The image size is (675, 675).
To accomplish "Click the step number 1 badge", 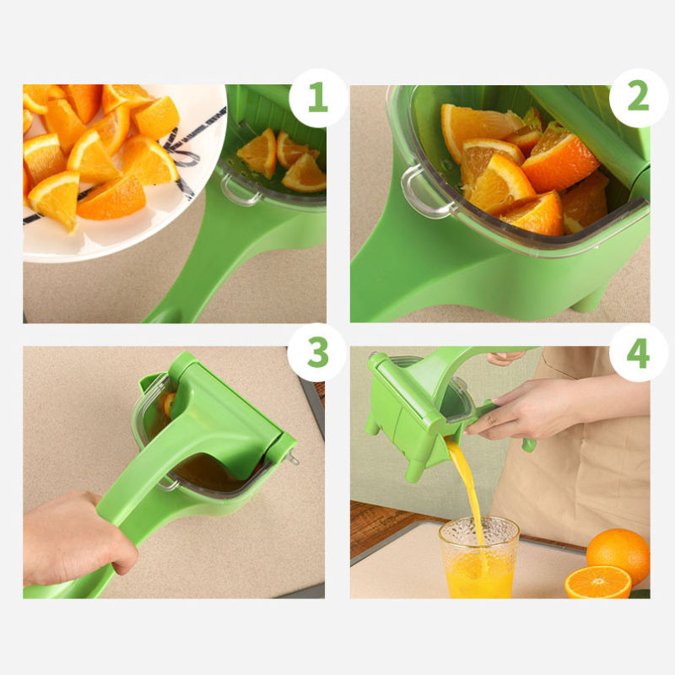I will (x=317, y=98).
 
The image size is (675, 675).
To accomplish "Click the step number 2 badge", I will (x=638, y=98).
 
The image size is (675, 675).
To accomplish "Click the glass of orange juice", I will (x=478, y=561).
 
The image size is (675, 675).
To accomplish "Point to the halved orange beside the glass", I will (x=597, y=582).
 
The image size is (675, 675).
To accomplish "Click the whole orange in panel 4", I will (x=618, y=553).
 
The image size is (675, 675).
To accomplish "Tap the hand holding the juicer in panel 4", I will (x=515, y=409).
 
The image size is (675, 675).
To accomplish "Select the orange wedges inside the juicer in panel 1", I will (x=283, y=160).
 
